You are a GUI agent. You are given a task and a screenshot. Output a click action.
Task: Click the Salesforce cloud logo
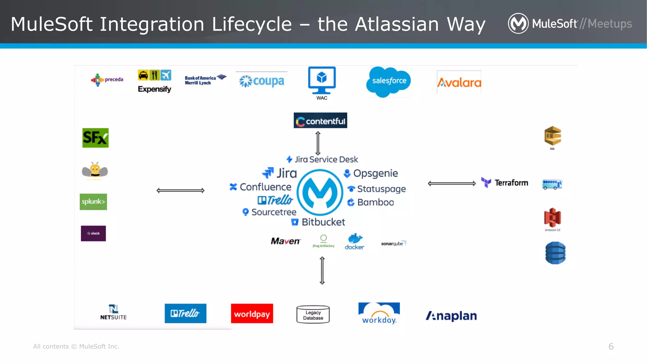click(389, 81)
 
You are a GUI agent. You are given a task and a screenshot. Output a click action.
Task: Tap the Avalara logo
click(459, 82)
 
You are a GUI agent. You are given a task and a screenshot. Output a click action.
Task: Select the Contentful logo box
click(320, 120)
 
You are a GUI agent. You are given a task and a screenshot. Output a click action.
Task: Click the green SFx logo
click(95, 138)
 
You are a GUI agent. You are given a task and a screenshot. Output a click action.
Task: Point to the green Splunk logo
click(93, 202)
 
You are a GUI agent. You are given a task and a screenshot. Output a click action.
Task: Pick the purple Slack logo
click(93, 234)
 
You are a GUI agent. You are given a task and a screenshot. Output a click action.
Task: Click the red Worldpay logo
click(252, 313)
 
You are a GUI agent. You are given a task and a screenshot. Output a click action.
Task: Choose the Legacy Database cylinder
click(313, 315)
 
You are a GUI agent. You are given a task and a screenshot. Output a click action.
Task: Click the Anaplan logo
click(451, 316)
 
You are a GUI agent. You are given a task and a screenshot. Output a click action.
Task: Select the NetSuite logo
click(113, 312)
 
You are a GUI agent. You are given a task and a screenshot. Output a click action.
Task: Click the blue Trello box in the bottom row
click(185, 313)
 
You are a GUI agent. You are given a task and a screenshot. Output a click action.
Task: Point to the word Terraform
click(511, 183)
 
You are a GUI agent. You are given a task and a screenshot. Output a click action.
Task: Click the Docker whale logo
click(354, 242)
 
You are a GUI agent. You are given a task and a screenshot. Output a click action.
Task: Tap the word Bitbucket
click(323, 222)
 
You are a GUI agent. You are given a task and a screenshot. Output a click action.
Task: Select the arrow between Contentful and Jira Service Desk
click(318, 143)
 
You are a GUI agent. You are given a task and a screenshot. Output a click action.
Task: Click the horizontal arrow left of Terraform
click(451, 184)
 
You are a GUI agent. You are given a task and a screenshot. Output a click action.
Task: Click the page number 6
click(611, 347)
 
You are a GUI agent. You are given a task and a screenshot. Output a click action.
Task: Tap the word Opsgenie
click(375, 173)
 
